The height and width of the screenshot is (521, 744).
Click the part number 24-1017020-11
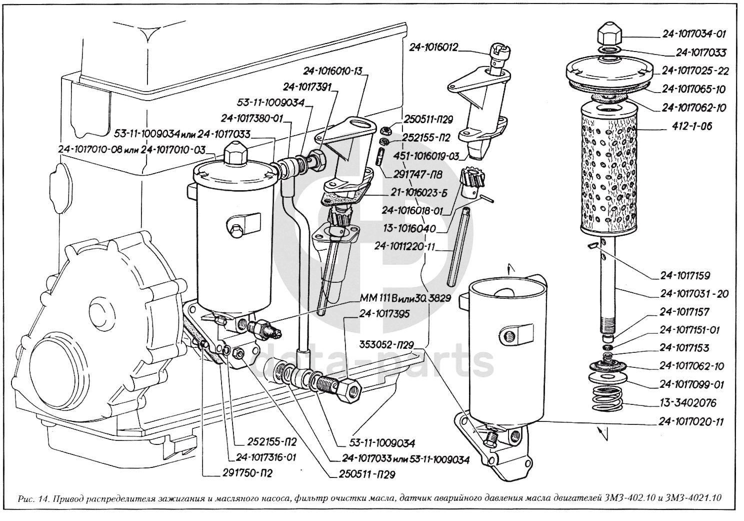tap(691, 422)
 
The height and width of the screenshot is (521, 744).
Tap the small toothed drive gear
tap(469, 181)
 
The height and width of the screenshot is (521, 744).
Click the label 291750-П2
tap(247, 474)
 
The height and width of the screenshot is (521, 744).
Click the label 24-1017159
tap(685, 276)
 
